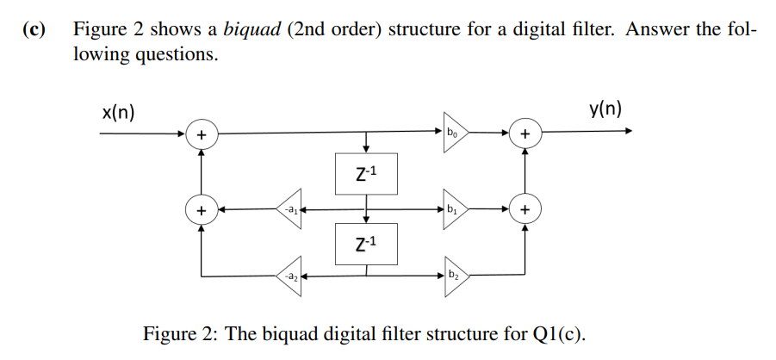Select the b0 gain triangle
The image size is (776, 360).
454,133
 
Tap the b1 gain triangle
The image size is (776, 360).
454,208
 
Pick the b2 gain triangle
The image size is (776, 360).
454,276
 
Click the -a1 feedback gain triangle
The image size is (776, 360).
289,208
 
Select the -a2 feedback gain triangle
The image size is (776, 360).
289,276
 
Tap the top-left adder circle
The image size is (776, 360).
201,134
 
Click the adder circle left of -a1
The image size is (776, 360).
201,209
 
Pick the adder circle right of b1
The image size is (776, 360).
525,209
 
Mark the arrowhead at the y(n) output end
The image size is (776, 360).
629,132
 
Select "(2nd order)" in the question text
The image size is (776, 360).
331,30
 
